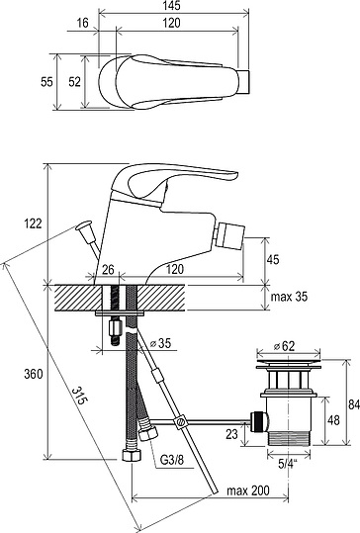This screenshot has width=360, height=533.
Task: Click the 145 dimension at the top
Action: pos(171,6)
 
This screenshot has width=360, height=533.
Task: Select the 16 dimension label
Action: pos(82,23)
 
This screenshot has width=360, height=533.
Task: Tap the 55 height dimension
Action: pos(46,82)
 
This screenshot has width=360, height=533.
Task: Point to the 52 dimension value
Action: pos(74,82)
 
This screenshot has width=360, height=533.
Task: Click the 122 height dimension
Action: pos(33,223)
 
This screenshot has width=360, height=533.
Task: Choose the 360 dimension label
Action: pos(34,374)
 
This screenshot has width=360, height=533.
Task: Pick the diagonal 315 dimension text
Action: pos(79,396)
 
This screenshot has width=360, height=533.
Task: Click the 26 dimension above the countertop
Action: pos(108,270)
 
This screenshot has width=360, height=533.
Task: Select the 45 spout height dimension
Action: pos(272,259)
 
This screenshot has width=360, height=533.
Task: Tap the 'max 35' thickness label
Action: pos(289,297)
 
